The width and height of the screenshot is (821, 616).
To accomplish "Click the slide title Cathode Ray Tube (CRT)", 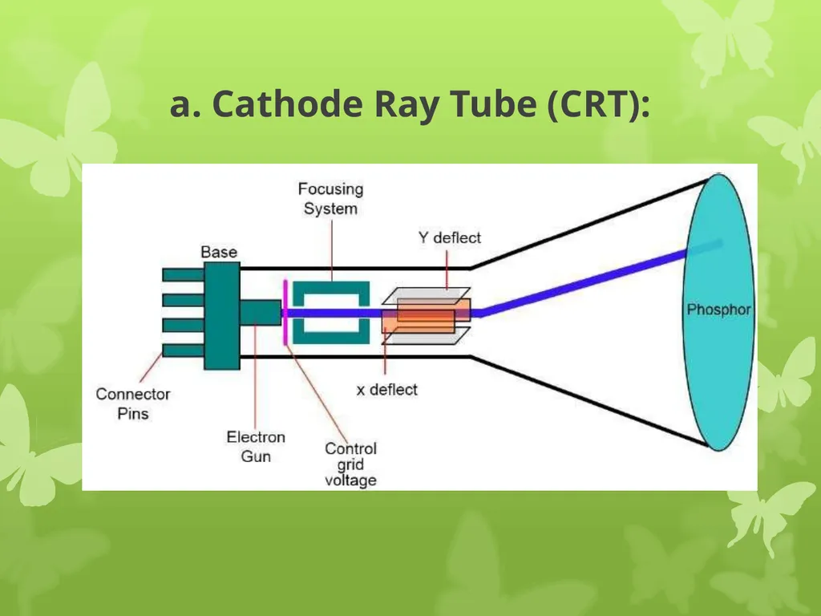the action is [410, 103].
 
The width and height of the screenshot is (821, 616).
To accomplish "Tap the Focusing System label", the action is [330, 199].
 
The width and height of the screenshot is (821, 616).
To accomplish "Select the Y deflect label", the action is [449, 237].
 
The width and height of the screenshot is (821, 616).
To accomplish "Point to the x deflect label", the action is [387, 390].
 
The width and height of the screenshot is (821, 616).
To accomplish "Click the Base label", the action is [219, 252].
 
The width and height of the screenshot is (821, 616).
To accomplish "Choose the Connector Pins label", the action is [133, 403].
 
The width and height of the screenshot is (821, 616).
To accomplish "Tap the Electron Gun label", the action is [256, 446].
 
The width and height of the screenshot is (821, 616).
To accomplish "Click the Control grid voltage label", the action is [350, 464].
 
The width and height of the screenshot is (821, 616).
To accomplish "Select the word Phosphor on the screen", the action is [718, 310].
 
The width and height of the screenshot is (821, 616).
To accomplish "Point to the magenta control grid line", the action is [285, 313].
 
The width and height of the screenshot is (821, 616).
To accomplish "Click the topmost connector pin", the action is [184, 274].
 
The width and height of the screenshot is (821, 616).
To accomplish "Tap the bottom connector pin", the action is [184, 351].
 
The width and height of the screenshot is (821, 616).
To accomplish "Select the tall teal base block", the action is [222, 316].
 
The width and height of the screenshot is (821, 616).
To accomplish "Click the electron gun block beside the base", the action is [261, 313].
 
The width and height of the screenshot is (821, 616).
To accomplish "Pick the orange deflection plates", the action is [426, 316].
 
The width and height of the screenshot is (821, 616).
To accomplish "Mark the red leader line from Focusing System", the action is [333, 251].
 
